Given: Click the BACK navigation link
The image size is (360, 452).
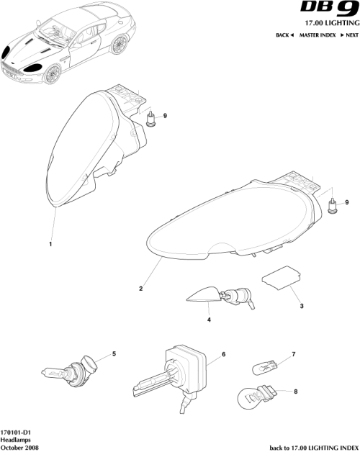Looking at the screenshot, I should click(x=284, y=35).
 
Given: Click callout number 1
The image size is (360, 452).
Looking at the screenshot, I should click(x=50, y=244).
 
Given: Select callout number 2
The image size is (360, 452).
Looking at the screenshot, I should click(x=141, y=289).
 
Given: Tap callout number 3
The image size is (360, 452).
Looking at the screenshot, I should click(x=302, y=306).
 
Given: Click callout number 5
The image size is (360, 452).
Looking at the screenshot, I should click(x=112, y=355).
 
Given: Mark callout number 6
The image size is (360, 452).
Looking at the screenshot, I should click(x=224, y=355).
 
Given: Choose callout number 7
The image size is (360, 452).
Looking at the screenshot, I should click(x=294, y=355).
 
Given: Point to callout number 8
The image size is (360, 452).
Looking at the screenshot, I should click(x=295, y=391).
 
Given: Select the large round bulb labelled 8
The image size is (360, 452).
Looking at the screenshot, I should click(x=256, y=397).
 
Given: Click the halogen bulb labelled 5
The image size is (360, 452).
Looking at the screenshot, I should click(x=66, y=371).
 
